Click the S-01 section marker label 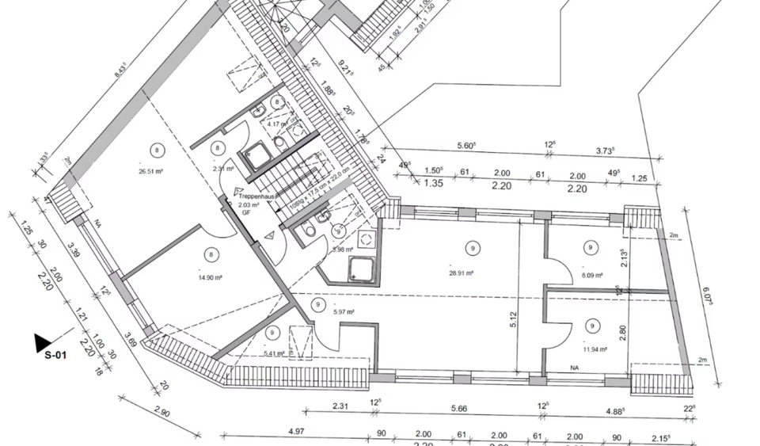point(55,356)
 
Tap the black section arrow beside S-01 point(41,343)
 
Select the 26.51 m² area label point(150,170)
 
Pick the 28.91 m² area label point(460,273)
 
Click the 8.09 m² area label point(591,275)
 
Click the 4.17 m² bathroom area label point(277,124)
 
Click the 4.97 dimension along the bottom point(297,432)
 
